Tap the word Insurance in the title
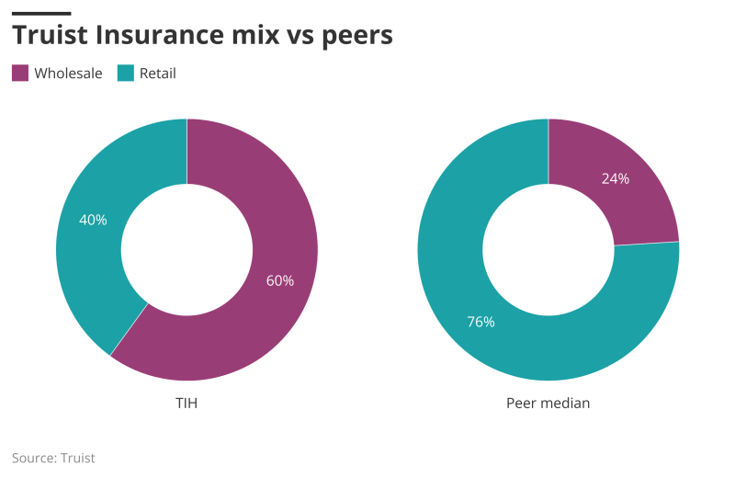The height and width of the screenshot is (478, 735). pyautogui.click(x=164, y=35)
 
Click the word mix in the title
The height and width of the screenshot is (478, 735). pyautogui.click(x=264, y=35)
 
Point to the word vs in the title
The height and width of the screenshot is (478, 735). pyautogui.click(x=305, y=35)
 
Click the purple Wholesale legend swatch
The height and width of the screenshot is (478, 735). pyautogui.click(x=20, y=74)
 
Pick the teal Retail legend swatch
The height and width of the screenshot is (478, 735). pyautogui.click(x=126, y=74)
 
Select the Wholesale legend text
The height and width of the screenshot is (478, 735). pyautogui.click(x=68, y=74)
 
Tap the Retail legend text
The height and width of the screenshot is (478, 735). pyautogui.click(x=157, y=74)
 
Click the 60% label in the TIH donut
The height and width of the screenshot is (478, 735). pyautogui.click(x=280, y=280)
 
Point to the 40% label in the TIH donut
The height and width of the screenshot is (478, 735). pyautogui.click(x=93, y=220)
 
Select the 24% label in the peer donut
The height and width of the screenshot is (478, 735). pyautogui.click(x=616, y=178)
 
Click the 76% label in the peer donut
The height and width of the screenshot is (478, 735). pyautogui.click(x=481, y=322)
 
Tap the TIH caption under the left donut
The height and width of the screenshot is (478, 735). pyautogui.click(x=187, y=404)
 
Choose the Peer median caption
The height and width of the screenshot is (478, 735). pyautogui.click(x=548, y=404)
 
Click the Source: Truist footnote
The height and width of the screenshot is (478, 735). pyautogui.click(x=53, y=458)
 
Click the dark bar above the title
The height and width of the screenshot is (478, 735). pyautogui.click(x=41, y=13)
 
